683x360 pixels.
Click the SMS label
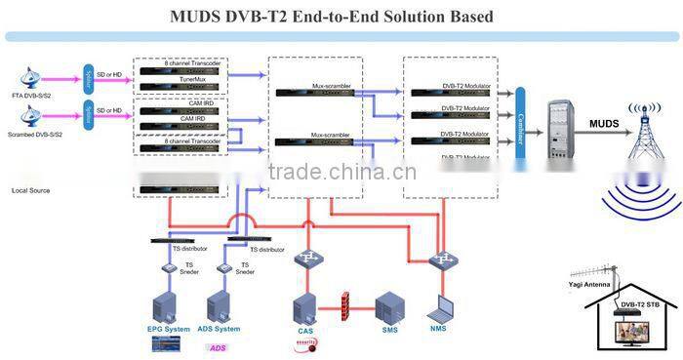390,331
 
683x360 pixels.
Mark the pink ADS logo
218,347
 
